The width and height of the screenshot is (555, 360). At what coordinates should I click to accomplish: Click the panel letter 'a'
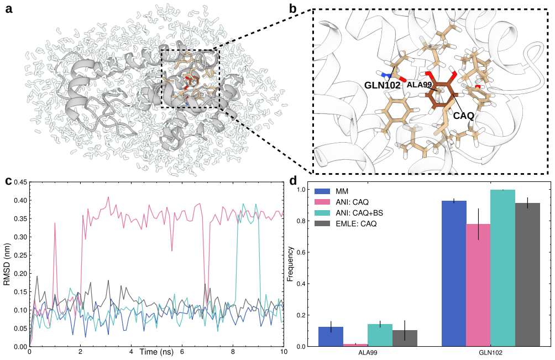(9, 8)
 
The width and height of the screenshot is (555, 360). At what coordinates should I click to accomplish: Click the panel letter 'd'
(294, 180)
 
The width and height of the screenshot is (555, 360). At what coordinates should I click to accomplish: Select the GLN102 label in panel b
(383, 85)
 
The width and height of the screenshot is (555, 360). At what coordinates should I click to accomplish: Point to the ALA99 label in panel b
(419, 85)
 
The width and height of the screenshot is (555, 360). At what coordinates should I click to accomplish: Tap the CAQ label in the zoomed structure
(463, 116)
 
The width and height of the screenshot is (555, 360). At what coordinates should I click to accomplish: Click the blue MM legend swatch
(322, 191)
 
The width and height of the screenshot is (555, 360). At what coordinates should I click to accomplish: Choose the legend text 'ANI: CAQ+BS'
(359, 213)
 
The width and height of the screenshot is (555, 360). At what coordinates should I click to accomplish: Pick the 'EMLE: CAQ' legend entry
(356, 224)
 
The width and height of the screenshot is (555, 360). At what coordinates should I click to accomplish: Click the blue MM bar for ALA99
(331, 337)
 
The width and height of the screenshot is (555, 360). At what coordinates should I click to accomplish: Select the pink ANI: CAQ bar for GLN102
(478, 285)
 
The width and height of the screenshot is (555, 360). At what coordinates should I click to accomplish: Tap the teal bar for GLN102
(502, 268)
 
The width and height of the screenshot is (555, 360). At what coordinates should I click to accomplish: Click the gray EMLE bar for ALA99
(405, 338)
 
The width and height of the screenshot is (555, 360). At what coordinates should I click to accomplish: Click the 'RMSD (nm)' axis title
(7, 265)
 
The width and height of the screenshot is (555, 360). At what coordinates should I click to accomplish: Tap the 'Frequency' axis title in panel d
(291, 264)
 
